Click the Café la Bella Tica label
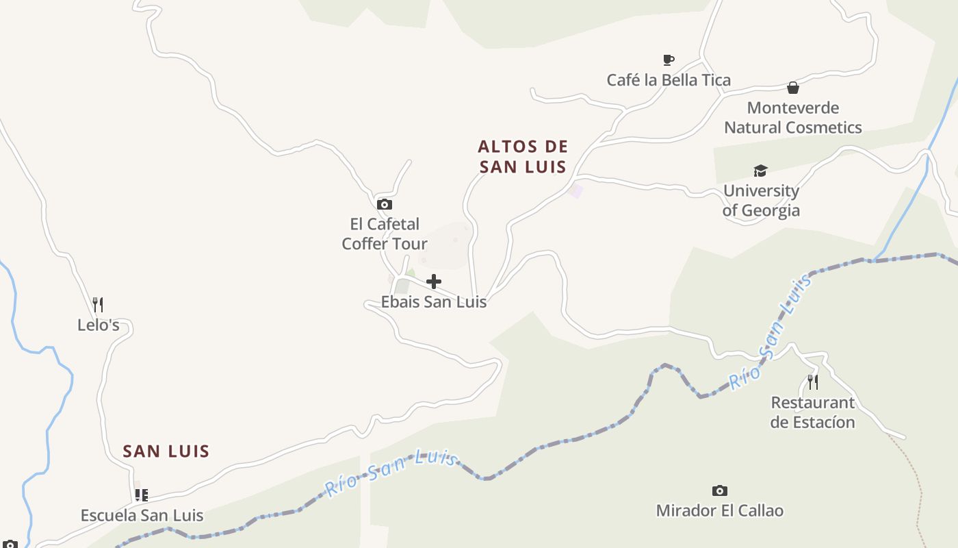click(x=669, y=80)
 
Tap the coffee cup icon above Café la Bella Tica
click(x=669, y=60)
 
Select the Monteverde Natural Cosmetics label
click(x=793, y=118)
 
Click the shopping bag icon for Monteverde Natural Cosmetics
click(x=793, y=88)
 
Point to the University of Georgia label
click(x=761, y=201)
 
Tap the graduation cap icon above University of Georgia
click(x=760, y=171)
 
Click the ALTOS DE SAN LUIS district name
click(x=523, y=157)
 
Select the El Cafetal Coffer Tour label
click(x=385, y=234)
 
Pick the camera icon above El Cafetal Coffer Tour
click(x=385, y=204)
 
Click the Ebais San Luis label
click(x=434, y=302)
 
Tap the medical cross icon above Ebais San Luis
click(x=434, y=282)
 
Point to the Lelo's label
click(x=99, y=325)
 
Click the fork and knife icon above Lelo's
click(x=98, y=305)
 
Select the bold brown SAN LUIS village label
click(x=166, y=451)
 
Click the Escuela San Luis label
click(x=142, y=516)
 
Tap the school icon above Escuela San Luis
click(x=142, y=495)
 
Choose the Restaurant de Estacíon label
click(x=813, y=412)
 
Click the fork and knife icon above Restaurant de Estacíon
click(x=813, y=382)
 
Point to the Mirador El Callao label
click(x=720, y=511)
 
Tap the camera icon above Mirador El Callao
click(x=719, y=490)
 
